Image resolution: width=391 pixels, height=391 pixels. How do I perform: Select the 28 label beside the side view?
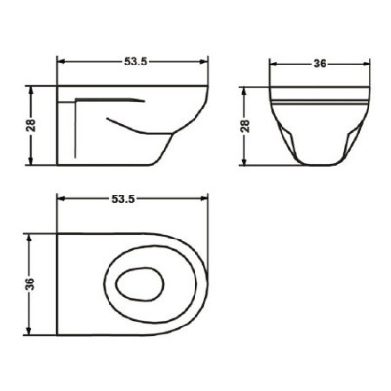(x=28, y=126)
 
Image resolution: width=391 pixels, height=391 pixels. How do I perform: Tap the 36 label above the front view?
(x=319, y=65)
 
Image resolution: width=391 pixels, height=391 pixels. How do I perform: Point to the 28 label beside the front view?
(x=245, y=126)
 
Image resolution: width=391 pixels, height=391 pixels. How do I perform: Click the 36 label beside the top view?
(x=29, y=283)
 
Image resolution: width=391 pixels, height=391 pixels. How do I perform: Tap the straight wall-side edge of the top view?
(x=58, y=283)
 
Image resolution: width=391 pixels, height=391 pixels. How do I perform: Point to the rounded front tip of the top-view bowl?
(x=207, y=283)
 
